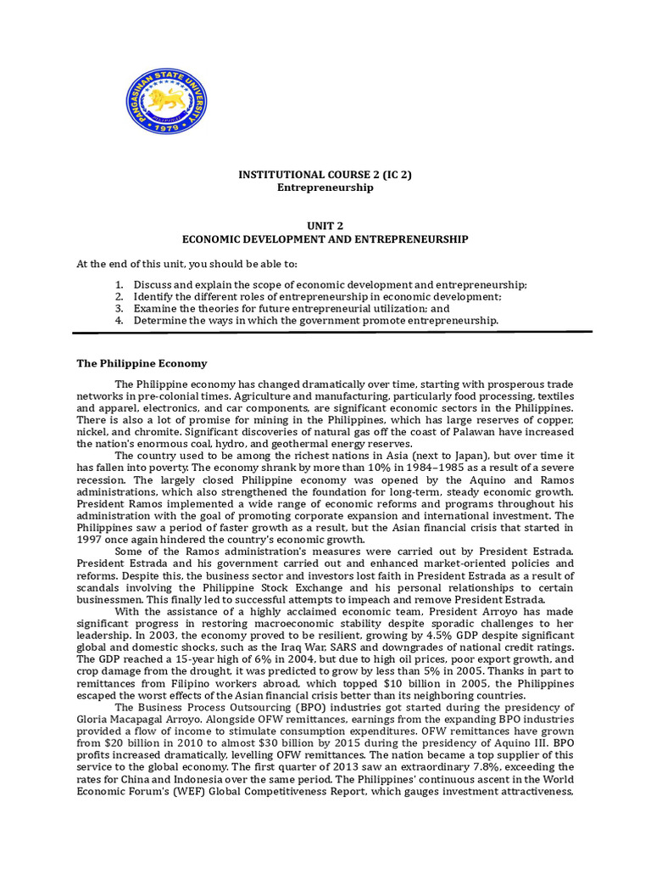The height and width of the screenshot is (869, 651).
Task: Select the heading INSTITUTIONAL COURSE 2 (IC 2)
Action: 326,176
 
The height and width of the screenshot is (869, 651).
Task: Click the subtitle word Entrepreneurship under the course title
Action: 326,188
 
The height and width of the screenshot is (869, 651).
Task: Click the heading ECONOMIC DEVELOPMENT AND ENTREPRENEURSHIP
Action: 326,240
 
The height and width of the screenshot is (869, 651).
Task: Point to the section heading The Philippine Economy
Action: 142,363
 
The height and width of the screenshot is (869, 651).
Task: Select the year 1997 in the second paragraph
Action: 91,538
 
